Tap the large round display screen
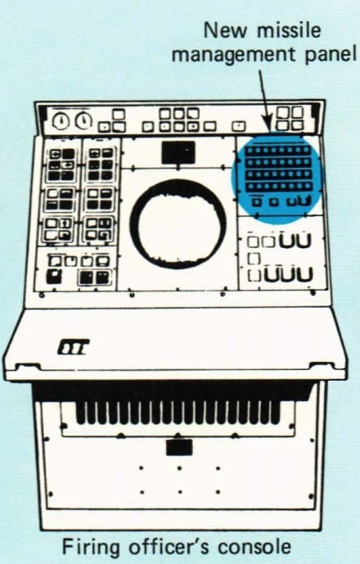coord(178,223)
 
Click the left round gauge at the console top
coord(61,121)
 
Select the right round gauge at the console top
coord(83,120)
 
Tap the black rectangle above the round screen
coord(178,152)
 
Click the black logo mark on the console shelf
coord(73,347)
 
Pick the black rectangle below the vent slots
coord(179,448)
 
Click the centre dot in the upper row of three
coord(179,468)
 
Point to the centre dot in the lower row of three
coord(180,492)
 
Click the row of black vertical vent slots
coord(178,413)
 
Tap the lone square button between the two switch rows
coord(254,259)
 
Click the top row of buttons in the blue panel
coord(277,150)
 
